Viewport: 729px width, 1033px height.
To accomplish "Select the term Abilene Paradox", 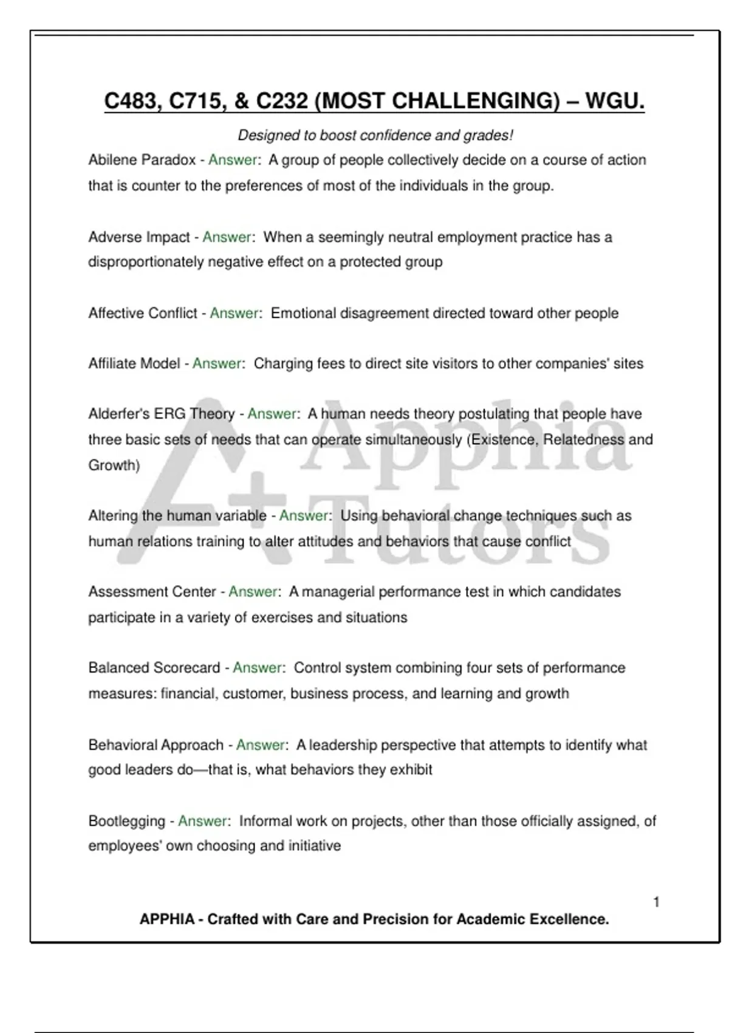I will (x=142, y=160).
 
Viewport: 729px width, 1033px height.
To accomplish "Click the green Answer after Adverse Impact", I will (x=227, y=237).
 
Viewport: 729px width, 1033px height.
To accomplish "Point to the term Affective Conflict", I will (x=143, y=313).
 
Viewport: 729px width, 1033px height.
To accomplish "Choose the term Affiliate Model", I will (x=134, y=363).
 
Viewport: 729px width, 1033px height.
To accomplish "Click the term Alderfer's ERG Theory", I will (x=162, y=414).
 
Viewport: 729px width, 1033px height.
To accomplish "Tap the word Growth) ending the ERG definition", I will (x=114, y=465).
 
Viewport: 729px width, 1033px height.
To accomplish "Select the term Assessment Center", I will (x=152, y=592).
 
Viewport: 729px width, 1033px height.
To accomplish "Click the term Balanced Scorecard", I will (x=154, y=668).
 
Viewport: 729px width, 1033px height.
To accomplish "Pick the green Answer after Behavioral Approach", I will (x=261, y=745).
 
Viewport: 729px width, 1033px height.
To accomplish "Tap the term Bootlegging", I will (x=126, y=821).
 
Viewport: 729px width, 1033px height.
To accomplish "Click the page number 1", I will (x=656, y=902).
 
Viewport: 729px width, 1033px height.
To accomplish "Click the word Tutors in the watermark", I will (x=462, y=535).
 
